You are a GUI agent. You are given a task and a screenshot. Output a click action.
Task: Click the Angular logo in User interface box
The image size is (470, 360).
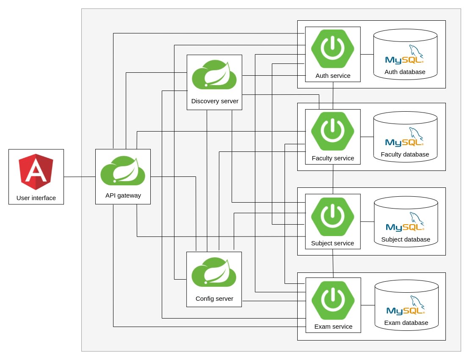click(x=36, y=171)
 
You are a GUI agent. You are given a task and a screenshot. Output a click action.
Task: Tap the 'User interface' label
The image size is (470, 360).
click(x=36, y=198)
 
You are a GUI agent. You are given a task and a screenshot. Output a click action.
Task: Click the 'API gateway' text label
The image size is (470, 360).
click(x=123, y=195)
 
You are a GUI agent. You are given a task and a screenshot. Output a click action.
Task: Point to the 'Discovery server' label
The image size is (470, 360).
click(x=215, y=101)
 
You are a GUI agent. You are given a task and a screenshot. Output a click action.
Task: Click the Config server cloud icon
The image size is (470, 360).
click(x=214, y=272)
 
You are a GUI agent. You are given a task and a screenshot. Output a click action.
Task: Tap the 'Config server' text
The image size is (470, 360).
click(x=214, y=298)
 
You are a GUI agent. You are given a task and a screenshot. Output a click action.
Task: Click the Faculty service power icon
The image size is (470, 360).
click(x=333, y=131)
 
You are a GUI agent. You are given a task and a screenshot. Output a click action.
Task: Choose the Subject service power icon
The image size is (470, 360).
click(x=333, y=216)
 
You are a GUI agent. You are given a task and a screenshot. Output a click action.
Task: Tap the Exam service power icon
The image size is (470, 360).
click(x=333, y=300)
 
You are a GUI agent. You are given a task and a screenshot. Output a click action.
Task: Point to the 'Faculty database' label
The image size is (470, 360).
click(x=405, y=154)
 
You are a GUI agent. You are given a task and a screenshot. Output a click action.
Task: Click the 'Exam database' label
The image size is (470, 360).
click(x=406, y=323)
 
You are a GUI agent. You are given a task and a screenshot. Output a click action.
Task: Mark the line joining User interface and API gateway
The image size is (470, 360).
click(x=80, y=177)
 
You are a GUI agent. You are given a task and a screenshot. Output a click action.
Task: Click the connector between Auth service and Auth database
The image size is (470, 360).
click(x=367, y=54)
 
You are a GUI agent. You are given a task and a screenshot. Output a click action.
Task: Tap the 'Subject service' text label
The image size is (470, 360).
click(x=332, y=243)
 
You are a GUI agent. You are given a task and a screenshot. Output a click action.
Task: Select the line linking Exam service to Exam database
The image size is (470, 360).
click(x=368, y=305)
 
